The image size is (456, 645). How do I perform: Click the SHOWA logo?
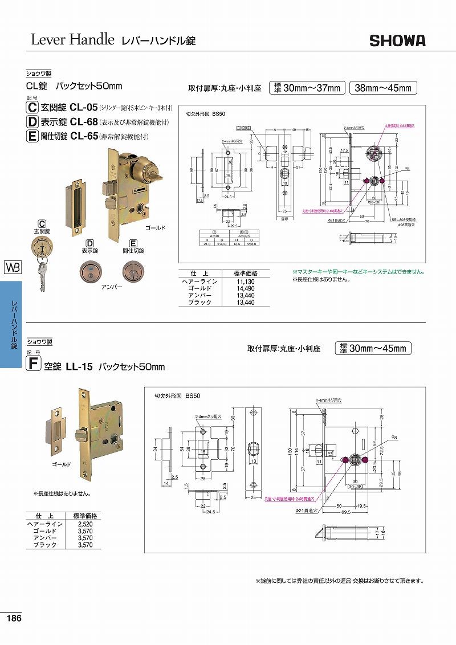tap(397, 40)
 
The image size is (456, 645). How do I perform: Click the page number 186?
tap(14, 619)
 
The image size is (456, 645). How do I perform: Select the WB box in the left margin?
tap(12, 267)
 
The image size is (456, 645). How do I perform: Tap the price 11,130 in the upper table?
tap(245, 281)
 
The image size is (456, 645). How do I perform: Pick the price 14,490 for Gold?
tap(245, 288)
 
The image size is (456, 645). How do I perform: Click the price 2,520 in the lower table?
tap(84, 523)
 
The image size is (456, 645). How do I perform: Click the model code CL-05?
tap(84, 107)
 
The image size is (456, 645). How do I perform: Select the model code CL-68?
tap(84, 121)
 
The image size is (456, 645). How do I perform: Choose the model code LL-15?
tap(79, 367)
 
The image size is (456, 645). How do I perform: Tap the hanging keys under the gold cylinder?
tap(42, 273)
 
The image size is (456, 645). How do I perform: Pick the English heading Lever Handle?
tap(72, 40)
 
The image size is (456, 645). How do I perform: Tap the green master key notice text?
tap(358, 272)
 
